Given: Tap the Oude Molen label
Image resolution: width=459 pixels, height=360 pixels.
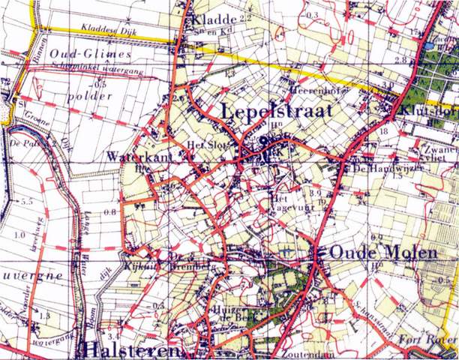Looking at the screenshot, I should tap(373, 252).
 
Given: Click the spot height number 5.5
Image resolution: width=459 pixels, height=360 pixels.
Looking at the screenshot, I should tap(28, 202).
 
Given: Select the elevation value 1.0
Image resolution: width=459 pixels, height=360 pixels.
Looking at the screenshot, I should tap(19, 235).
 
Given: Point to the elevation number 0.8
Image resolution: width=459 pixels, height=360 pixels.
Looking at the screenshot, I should tap(109, 212).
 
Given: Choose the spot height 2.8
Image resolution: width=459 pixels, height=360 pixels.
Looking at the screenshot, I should tap(400, 59).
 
